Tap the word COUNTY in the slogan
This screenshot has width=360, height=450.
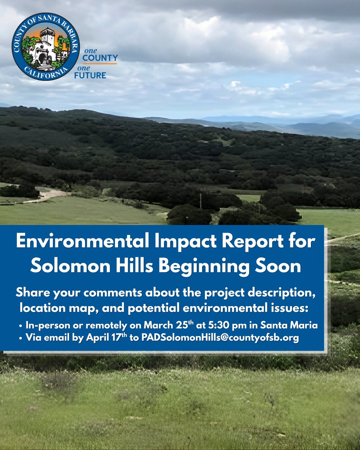pyautogui.click(x=100, y=58)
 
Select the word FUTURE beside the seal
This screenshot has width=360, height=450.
pyautogui.click(x=94, y=75)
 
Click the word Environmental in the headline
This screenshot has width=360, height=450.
pyautogui.click(x=76, y=243)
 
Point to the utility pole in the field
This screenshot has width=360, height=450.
pyautogui.click(x=200, y=201)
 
